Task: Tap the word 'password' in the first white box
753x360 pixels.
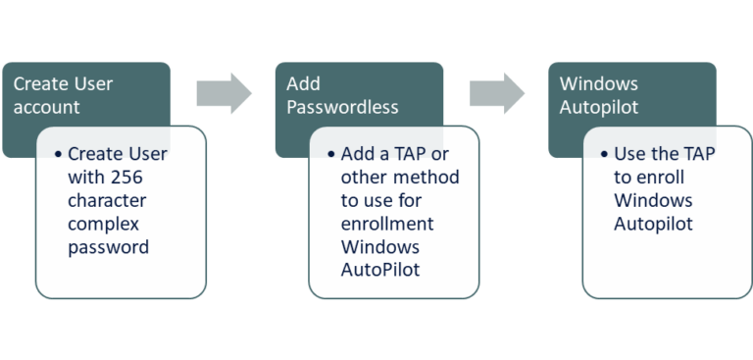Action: [108, 246]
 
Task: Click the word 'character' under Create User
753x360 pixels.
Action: [106, 201]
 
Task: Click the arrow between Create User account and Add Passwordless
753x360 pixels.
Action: [224, 93]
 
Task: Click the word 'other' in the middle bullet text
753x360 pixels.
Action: [365, 179]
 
